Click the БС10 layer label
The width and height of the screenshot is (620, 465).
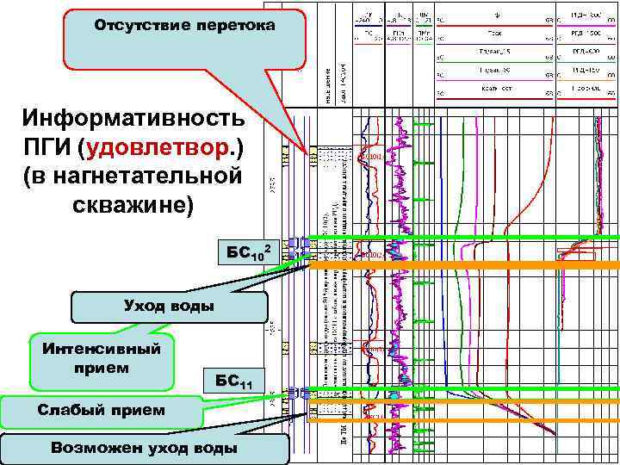[x=247, y=252]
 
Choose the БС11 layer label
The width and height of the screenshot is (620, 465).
[x=233, y=380]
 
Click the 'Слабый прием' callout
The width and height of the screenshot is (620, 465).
[x=102, y=410]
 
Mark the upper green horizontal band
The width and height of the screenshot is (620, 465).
[x=465, y=236]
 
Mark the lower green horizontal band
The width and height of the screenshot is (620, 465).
[x=465, y=390]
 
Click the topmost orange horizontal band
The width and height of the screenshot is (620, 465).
[x=465, y=266]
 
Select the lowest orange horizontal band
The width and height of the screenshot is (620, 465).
[x=465, y=419]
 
